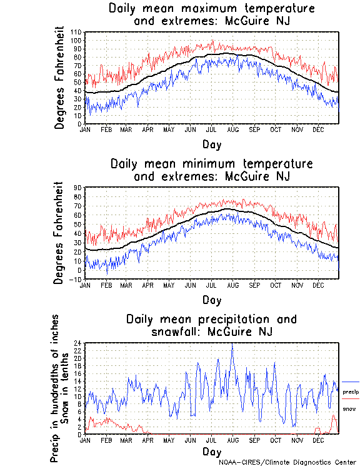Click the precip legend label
coord(351,391)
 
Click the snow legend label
coord(349,408)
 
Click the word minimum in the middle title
coord(206,164)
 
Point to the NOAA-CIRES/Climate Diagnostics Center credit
coord(287,462)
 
